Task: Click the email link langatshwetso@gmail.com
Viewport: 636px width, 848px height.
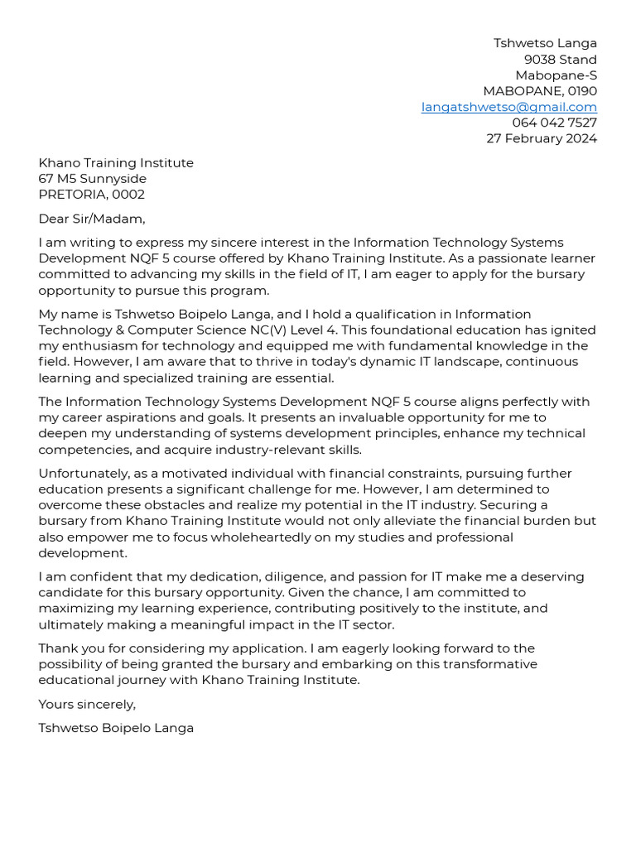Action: (x=508, y=107)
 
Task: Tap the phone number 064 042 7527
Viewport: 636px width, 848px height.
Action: (x=554, y=123)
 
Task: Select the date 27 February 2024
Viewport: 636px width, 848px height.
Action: (x=541, y=138)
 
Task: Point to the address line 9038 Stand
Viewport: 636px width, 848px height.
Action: (x=560, y=60)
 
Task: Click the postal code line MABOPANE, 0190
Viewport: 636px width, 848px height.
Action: (x=540, y=91)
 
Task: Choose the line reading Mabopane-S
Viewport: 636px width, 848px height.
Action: (x=556, y=75)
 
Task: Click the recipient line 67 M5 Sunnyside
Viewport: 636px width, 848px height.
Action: (x=92, y=179)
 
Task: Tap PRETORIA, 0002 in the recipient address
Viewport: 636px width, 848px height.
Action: (x=91, y=195)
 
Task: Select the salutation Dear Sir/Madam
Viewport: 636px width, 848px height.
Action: (x=91, y=219)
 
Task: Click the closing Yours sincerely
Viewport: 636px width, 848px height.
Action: (x=86, y=704)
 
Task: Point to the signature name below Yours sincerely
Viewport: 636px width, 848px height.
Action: (x=116, y=728)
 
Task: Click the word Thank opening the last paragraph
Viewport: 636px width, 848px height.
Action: (x=56, y=648)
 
